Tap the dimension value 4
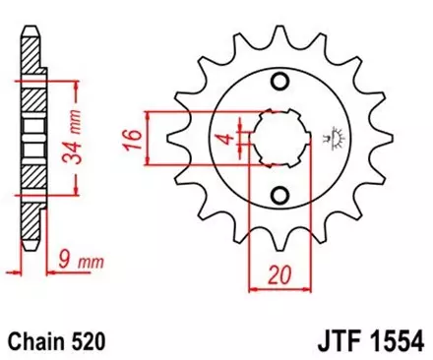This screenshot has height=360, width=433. [x=224, y=137]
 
